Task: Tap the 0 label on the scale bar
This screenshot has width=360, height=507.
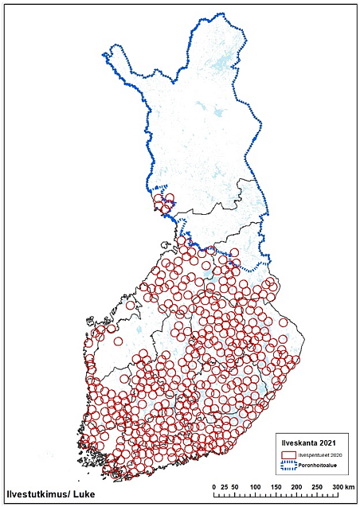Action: click(213, 486)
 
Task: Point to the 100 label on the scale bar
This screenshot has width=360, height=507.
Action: click(255, 486)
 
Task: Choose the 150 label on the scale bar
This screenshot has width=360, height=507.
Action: click(276, 486)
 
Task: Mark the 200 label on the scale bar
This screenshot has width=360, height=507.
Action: click(296, 486)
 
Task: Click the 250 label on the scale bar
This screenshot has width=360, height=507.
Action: click(317, 486)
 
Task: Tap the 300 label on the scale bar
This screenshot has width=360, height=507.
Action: click(338, 486)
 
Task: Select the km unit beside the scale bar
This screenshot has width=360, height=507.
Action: click(350, 486)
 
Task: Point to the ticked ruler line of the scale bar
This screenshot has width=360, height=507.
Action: click(275, 495)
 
